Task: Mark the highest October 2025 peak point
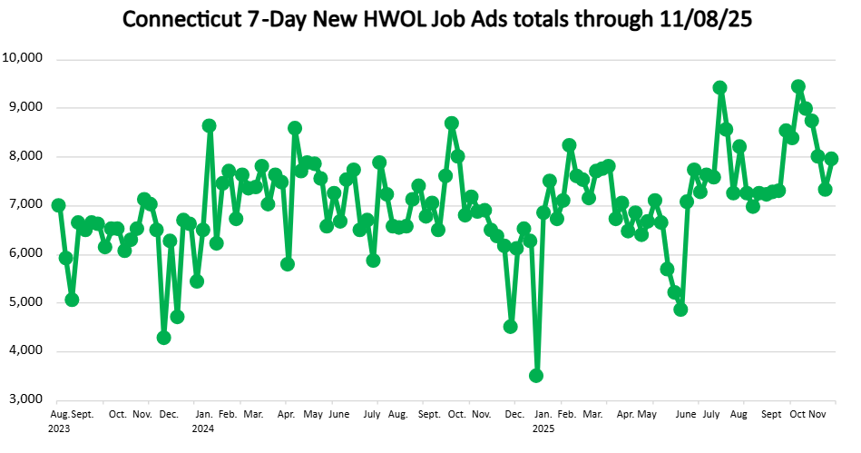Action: point(798,87)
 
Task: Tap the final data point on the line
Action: point(831,159)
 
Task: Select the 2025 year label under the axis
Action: point(543,427)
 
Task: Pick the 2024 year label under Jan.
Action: point(202,427)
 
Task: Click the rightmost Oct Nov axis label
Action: point(807,413)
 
